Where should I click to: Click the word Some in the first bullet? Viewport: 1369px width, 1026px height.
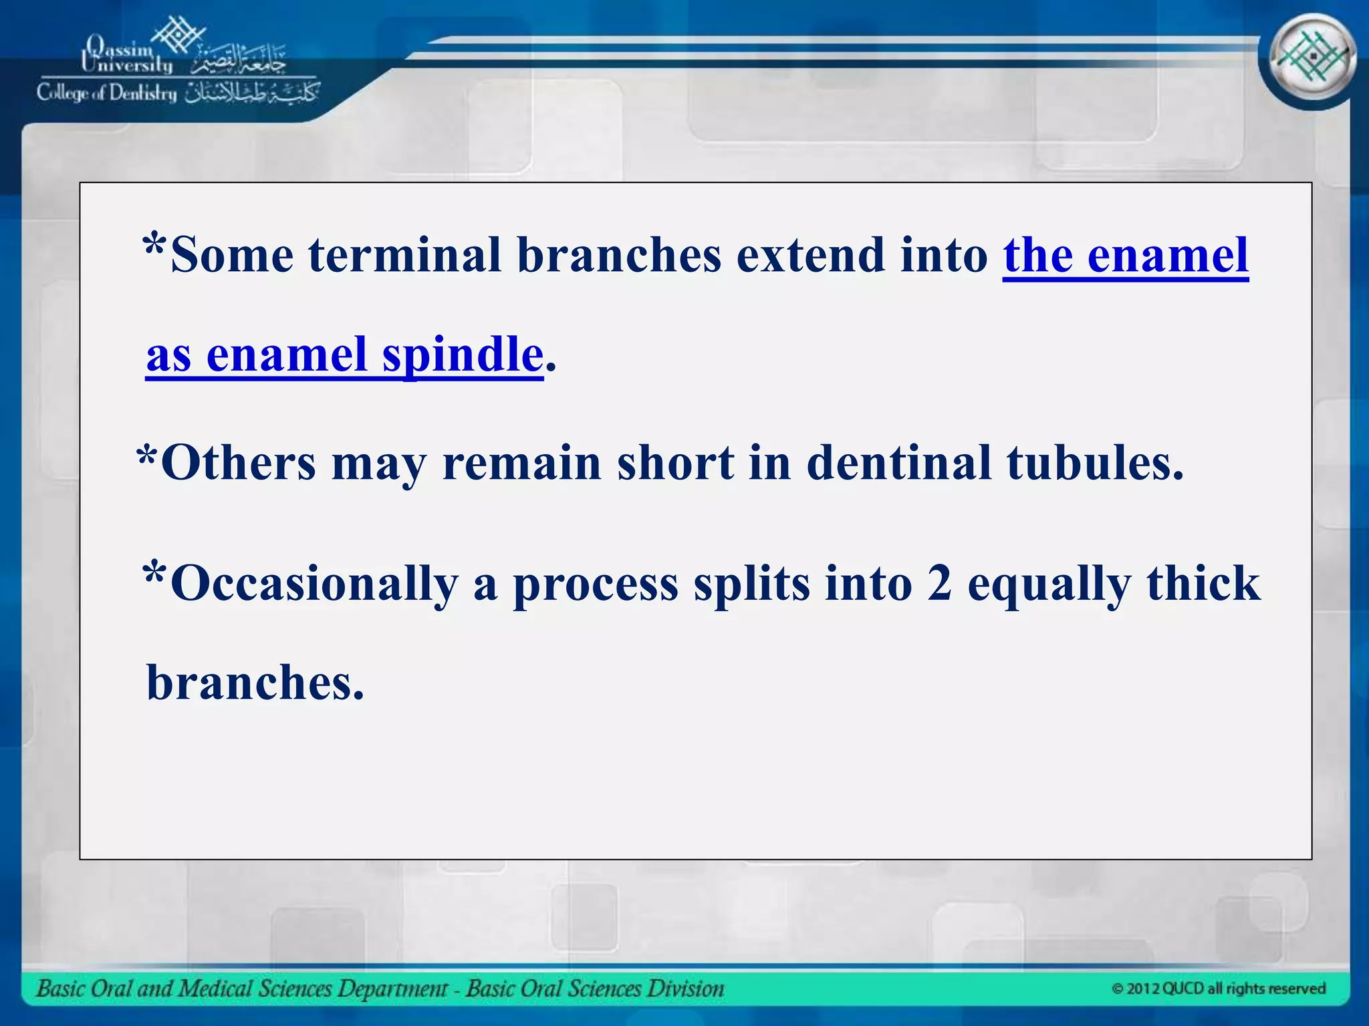pos(232,255)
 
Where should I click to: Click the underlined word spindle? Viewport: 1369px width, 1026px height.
pos(462,354)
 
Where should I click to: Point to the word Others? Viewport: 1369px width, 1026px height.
pos(238,463)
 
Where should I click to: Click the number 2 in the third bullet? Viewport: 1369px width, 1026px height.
pos(939,582)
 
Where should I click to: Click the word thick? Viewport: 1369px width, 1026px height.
pos(1203,582)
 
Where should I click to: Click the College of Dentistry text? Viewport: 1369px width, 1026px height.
pos(107,93)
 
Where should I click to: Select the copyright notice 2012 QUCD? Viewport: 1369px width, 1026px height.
pos(1218,989)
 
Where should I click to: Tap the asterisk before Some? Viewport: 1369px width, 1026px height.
pos(154,246)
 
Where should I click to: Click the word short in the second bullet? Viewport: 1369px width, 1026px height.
pos(674,463)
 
